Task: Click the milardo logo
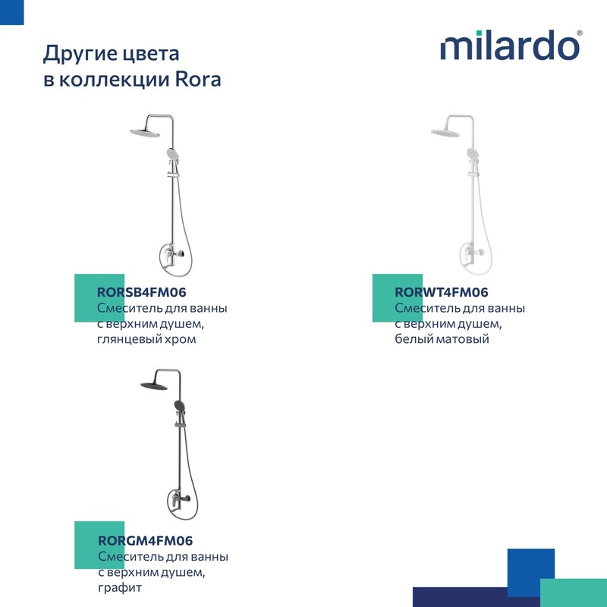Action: click(x=511, y=46)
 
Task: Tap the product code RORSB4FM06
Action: click(x=142, y=292)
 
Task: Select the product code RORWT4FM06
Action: click(x=442, y=292)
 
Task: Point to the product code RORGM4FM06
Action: click(x=145, y=540)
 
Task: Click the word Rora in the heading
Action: click(x=198, y=80)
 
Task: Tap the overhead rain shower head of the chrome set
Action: click(x=145, y=133)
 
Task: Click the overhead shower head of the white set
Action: click(x=445, y=133)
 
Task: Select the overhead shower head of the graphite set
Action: click(x=154, y=385)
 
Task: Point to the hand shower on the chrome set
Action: click(x=171, y=153)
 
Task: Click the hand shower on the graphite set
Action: click(x=180, y=406)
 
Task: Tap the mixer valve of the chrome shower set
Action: click(x=173, y=255)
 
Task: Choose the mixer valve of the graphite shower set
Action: click(x=179, y=498)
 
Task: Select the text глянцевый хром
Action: click(x=146, y=339)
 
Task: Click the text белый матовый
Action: click(x=442, y=339)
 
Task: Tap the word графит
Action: click(x=120, y=587)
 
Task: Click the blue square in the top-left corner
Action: click(x=11, y=12)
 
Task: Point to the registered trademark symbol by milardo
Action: click(x=579, y=33)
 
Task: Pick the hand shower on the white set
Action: click(x=471, y=153)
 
